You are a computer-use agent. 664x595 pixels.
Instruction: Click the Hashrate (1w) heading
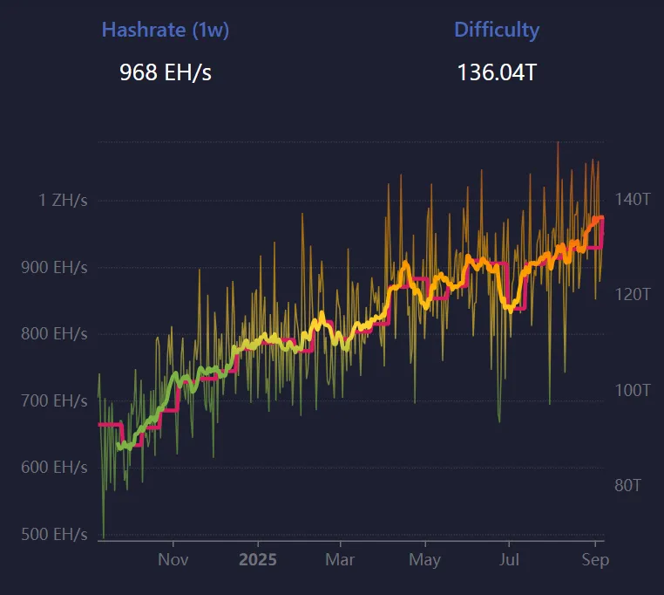pyautogui.click(x=166, y=30)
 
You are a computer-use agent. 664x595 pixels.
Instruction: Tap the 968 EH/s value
pyautogui.click(x=166, y=72)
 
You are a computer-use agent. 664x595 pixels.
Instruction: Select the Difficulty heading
pyautogui.click(x=497, y=30)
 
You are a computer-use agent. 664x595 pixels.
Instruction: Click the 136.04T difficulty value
pyautogui.click(x=497, y=72)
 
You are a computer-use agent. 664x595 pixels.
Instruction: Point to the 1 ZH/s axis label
pyautogui.click(x=63, y=201)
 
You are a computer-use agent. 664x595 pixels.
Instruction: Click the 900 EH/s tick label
pyautogui.click(x=54, y=268)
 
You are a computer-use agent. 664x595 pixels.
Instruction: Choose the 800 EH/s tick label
pyautogui.click(x=54, y=334)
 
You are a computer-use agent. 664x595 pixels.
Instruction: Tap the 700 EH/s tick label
pyautogui.click(x=54, y=401)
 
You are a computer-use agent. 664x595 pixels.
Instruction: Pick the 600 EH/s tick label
pyautogui.click(x=54, y=468)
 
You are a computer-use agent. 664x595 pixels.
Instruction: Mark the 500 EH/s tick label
pyautogui.click(x=54, y=534)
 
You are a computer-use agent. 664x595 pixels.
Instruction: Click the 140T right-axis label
pyautogui.click(x=633, y=200)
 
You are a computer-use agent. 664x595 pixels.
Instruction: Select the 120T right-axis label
pyautogui.click(x=633, y=295)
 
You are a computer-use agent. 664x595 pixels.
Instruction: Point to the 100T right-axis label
pyautogui.click(x=633, y=390)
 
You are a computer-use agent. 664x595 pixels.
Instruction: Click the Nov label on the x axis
pyautogui.click(x=173, y=559)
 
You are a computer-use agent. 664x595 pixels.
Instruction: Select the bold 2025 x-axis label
pyautogui.click(x=257, y=559)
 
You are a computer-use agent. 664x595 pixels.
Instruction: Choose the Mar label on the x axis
pyautogui.click(x=340, y=559)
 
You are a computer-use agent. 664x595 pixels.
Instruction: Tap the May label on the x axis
pyautogui.click(x=424, y=559)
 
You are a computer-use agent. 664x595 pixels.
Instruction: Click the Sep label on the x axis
pyautogui.click(x=595, y=559)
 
